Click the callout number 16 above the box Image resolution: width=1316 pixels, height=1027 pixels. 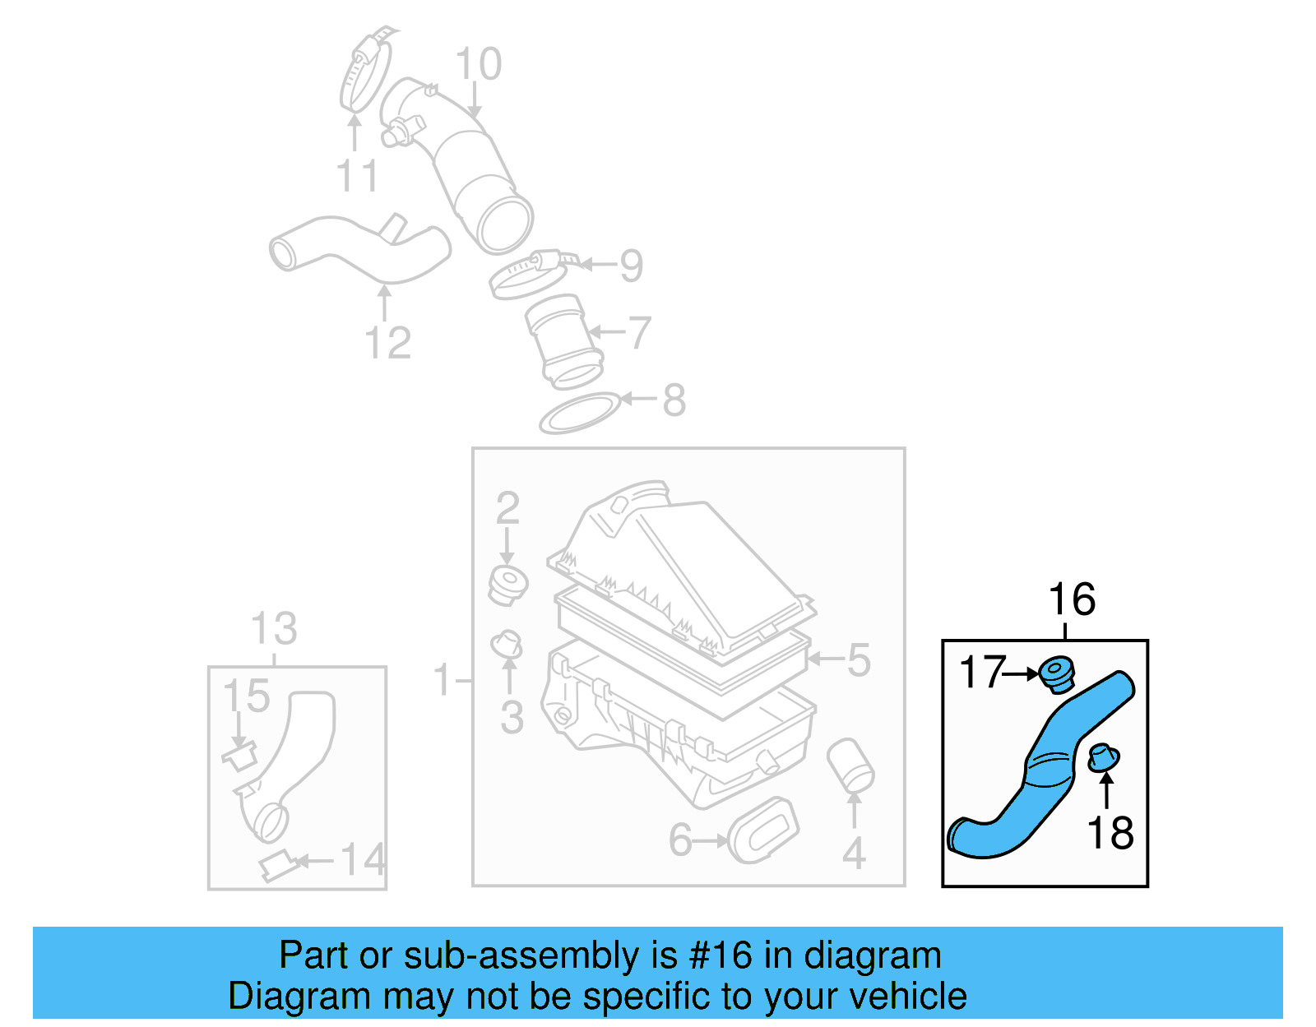1071,599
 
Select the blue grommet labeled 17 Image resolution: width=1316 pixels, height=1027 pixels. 1056,674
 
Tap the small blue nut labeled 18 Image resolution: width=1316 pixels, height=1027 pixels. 1103,757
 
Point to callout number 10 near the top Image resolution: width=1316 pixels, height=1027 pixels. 478,64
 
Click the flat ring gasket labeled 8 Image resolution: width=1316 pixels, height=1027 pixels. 579,413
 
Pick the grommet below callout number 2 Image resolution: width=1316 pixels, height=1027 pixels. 507,584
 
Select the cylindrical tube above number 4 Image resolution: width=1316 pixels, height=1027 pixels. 850,764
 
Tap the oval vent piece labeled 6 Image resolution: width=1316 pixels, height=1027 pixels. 763,830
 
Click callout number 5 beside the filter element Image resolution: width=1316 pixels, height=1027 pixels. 858,660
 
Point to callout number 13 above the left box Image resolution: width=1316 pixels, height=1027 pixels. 273,629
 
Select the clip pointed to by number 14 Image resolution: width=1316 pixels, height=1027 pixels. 277,866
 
